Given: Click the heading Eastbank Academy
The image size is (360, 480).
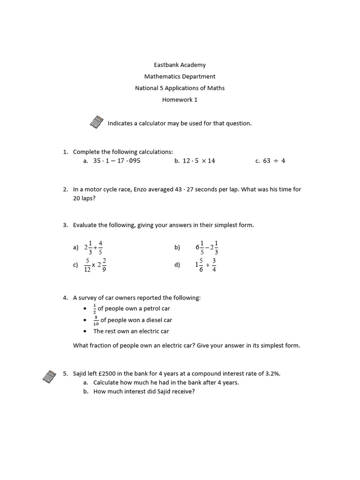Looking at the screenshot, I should coord(180,65).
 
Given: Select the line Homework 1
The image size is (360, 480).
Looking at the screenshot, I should coord(180,100).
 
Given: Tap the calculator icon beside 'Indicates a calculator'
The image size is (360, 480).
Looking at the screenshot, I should coord(96,122).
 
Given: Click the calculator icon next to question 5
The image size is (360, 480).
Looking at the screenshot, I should coord(49,375).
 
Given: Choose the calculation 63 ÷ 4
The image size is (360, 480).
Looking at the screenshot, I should coord(274,161).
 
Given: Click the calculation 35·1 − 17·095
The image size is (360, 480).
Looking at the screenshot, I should coord(117,161).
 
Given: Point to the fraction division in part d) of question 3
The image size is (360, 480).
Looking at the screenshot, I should coord(206,265).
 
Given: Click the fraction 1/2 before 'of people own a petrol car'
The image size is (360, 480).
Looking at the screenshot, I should coord(95,308).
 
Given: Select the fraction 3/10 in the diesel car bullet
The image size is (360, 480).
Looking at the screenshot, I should coord(96,320).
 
